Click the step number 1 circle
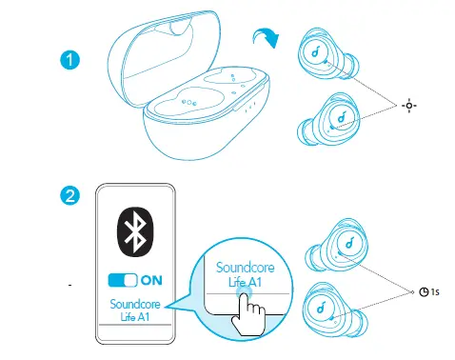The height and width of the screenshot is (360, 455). tap(69, 60)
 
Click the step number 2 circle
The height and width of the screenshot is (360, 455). tap(69, 196)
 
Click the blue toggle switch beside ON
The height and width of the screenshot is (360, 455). tap(123, 281)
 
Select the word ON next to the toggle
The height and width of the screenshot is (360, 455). tap(151, 281)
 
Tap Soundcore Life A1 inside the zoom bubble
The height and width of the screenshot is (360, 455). tap(238, 275)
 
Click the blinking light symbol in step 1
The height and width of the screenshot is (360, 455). tap(409, 102)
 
